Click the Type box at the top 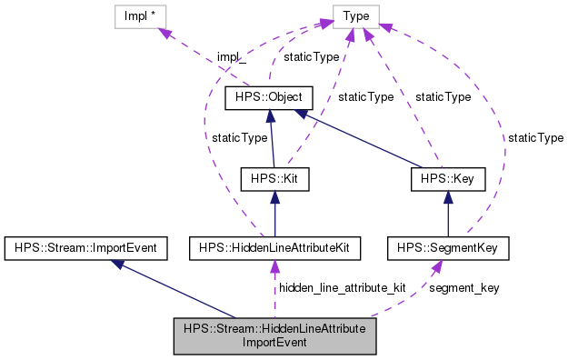[355, 15]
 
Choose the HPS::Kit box [274, 179]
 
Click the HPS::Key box [448, 179]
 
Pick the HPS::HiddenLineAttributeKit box [274, 246]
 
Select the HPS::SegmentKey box [448, 246]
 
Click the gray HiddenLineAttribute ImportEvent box [274, 336]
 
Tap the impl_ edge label [231, 57]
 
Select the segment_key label [463, 287]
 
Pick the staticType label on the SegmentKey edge [535, 138]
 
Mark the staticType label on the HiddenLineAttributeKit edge [239, 138]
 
